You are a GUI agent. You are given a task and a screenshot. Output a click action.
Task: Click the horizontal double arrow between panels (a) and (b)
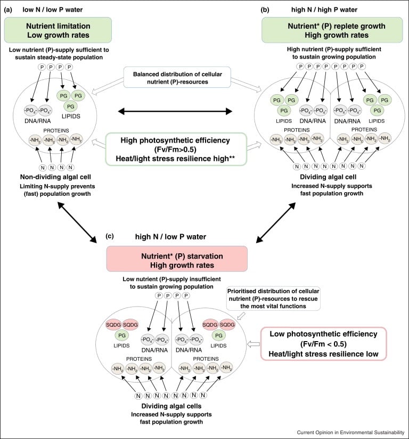[x=176, y=111]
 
